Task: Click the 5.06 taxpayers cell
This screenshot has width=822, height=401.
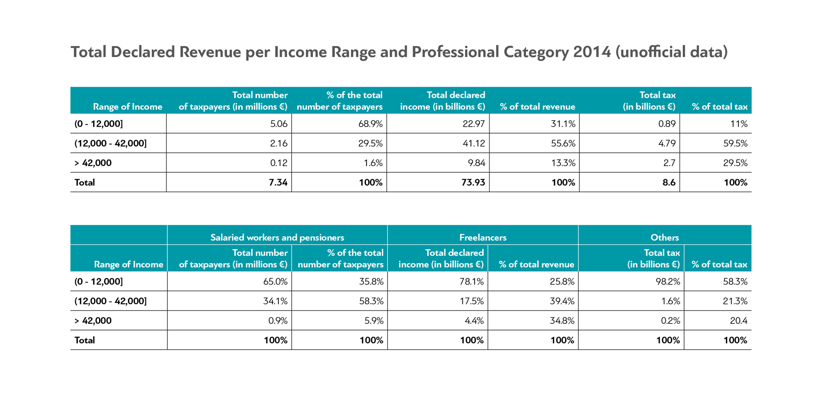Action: pos(279,124)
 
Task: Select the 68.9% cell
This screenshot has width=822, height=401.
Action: pos(370,124)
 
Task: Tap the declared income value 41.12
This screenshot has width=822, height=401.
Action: pos(474,143)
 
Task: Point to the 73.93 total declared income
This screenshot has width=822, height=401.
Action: pos(473,182)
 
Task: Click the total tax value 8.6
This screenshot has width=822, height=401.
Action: pos(669,182)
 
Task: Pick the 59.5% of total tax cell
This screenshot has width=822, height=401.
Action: pos(735,143)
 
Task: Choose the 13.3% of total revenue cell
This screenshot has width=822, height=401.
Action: pos(563,163)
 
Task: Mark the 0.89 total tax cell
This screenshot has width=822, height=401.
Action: pos(667,124)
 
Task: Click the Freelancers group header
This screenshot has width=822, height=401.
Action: pos(483,237)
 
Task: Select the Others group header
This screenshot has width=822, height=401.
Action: pos(665,237)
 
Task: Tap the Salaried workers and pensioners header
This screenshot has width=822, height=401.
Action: pos(277,237)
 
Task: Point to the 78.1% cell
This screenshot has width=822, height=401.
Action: pos(472,281)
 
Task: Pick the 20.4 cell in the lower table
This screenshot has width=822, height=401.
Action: pos(739,321)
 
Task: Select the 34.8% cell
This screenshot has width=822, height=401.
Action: pos(562,321)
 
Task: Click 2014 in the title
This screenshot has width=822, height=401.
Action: pos(592,52)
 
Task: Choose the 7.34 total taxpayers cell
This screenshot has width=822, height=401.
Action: pos(278,182)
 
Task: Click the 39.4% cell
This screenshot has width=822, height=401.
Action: pos(562,301)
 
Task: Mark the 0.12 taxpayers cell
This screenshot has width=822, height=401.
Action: pos(279,163)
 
